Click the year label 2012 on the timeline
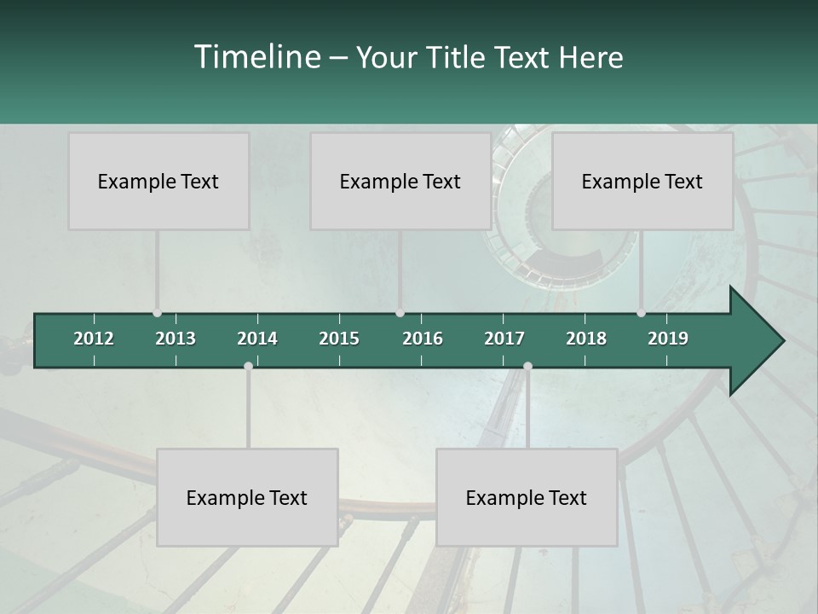coord(94,339)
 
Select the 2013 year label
coord(176,339)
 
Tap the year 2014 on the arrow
coord(257,339)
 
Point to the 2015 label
coord(339,339)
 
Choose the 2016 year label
coord(423,339)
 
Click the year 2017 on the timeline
coord(504,339)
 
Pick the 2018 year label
coord(586,339)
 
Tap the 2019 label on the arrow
coord(668,339)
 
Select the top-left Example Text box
coord(158,181)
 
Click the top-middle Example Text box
coord(400,181)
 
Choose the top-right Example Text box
coord(642,181)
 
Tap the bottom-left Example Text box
coord(247,497)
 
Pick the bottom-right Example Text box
coord(527,497)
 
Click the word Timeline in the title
coord(256,57)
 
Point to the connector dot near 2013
coord(157,313)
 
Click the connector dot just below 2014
coord(248,366)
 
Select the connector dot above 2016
coord(400,313)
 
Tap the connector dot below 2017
coord(527,366)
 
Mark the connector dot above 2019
coord(641,313)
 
